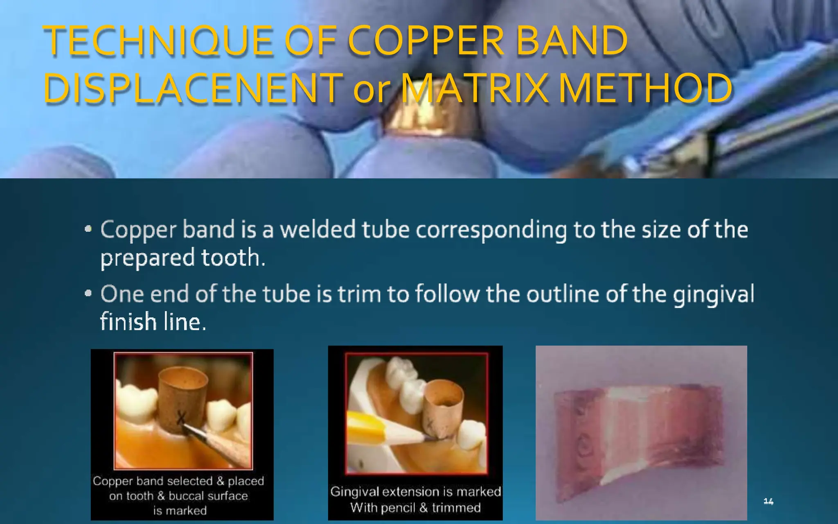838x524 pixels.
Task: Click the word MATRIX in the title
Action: click(x=475, y=88)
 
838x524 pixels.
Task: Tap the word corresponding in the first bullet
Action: click(x=491, y=230)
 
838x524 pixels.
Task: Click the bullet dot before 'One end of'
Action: click(x=88, y=294)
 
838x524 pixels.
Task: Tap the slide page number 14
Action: click(x=768, y=501)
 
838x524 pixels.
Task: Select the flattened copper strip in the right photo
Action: click(x=638, y=432)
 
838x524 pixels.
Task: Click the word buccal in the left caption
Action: click(x=188, y=496)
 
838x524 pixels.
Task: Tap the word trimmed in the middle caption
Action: click(x=456, y=508)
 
